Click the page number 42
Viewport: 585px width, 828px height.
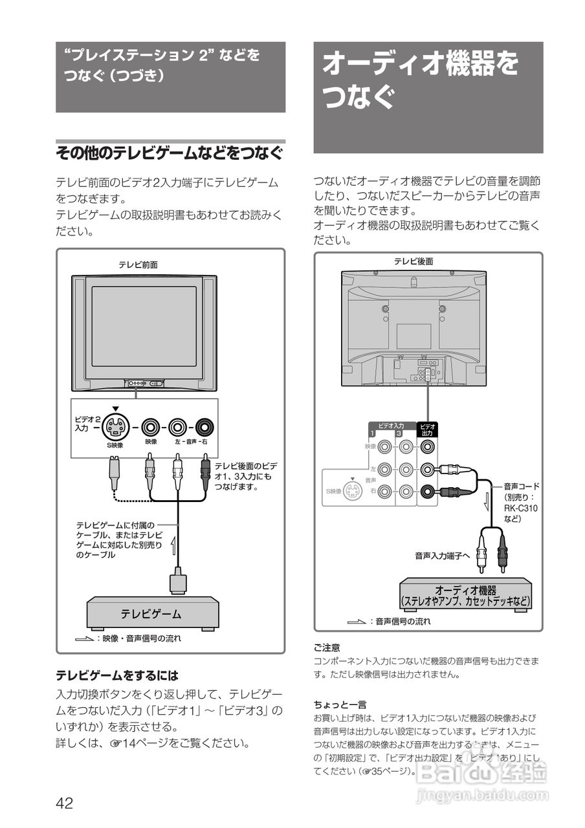click(64, 803)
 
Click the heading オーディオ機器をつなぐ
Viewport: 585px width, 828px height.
click(421, 82)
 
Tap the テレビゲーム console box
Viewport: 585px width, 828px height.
click(153, 613)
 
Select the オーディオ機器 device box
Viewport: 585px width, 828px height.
click(465, 595)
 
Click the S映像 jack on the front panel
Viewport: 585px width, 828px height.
click(116, 427)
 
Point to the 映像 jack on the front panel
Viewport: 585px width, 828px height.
click(151, 427)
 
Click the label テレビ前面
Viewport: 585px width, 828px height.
click(138, 265)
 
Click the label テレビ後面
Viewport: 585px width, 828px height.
click(414, 261)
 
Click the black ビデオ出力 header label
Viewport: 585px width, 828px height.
click(427, 430)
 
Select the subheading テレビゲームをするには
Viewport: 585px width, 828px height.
click(116, 675)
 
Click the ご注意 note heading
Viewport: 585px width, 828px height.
click(327, 647)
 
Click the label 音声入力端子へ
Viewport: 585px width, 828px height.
click(442, 555)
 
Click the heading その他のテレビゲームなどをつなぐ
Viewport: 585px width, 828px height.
click(170, 153)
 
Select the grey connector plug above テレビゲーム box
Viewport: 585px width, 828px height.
click(178, 580)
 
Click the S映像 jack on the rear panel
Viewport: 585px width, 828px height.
click(352, 491)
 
